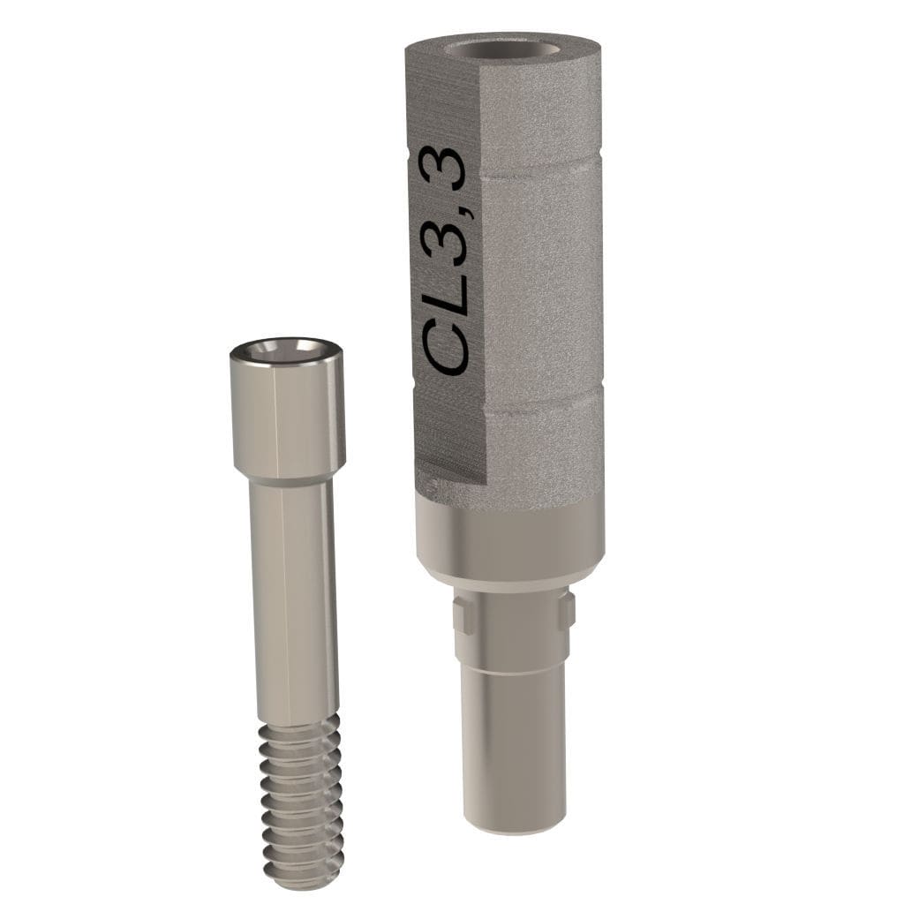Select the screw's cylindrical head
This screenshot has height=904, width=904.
coord(288,415)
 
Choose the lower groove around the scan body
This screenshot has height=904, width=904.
coord(539,394)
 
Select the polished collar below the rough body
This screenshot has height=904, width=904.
coord(510,539)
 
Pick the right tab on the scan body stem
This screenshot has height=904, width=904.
coord(566,609)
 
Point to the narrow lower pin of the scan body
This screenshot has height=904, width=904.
coord(512,750)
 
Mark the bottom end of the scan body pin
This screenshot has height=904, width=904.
coord(512,828)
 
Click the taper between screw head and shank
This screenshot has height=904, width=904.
coord(288,481)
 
